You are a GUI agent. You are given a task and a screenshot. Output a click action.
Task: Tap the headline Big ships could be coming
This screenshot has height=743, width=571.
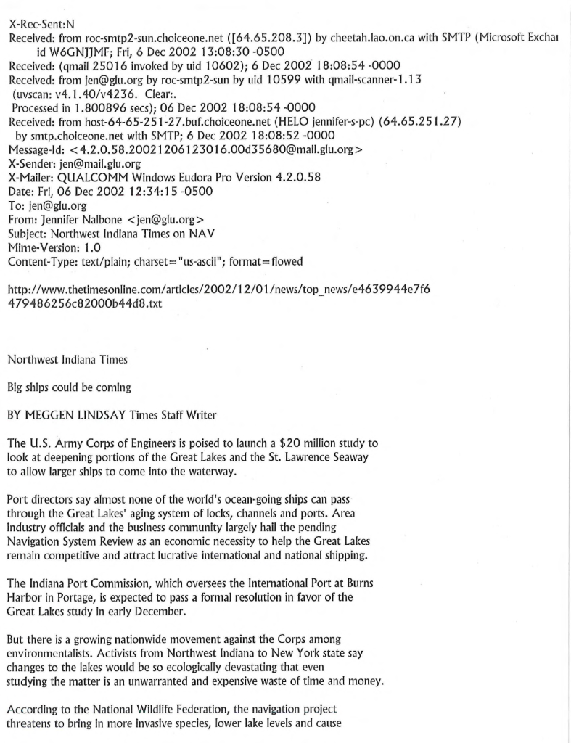[64, 387]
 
